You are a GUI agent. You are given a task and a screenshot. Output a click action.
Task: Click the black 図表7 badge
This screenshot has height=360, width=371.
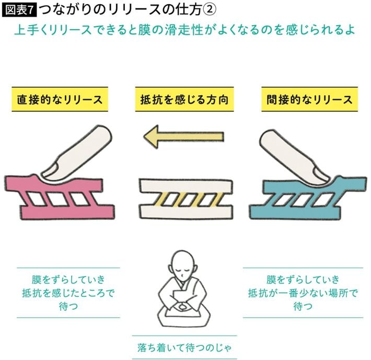19,10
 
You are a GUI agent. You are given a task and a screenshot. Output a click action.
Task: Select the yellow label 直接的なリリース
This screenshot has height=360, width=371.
60,99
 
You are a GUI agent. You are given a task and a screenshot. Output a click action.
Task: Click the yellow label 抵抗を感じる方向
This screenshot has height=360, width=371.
184,99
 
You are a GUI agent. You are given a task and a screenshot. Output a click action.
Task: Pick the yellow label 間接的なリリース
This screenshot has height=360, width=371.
309,99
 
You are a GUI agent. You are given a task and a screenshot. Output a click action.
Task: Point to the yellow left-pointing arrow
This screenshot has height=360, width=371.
183,137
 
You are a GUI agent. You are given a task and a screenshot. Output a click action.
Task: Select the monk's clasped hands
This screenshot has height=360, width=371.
182,307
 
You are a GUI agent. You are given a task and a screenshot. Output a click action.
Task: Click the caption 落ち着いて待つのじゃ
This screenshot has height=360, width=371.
184,347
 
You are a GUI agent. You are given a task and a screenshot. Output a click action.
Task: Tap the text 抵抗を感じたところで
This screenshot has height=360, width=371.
68,293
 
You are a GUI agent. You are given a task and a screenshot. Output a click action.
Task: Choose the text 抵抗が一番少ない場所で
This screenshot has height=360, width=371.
303,293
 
